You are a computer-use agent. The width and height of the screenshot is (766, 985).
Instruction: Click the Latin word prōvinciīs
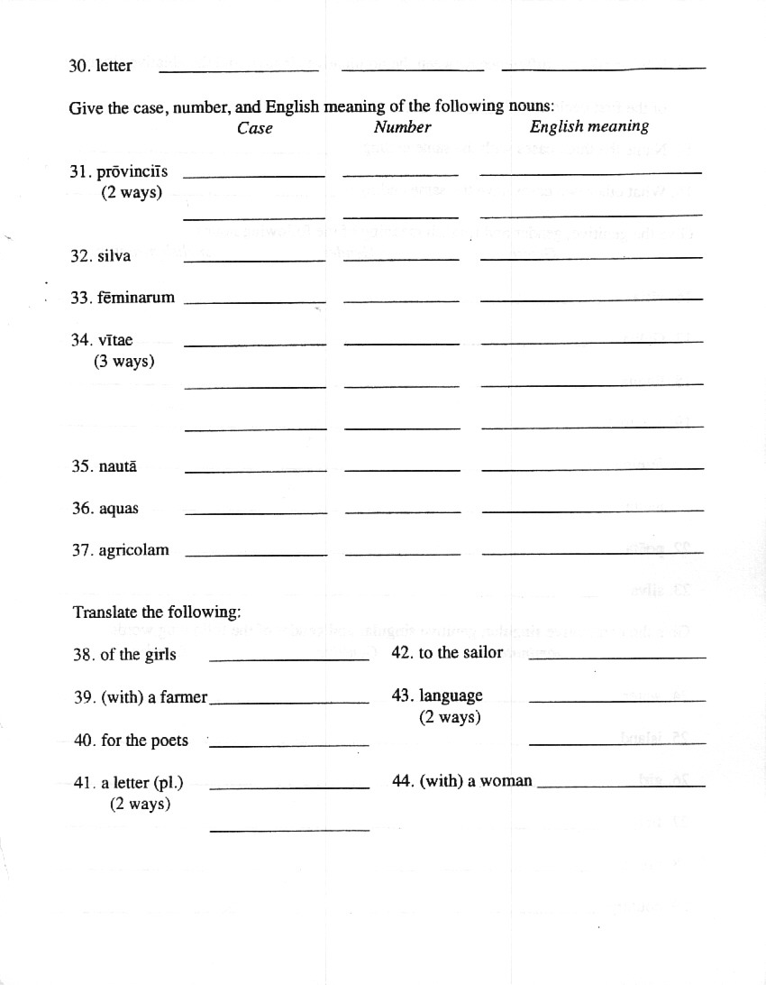(x=132, y=172)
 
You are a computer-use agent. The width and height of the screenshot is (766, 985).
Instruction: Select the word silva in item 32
(x=114, y=256)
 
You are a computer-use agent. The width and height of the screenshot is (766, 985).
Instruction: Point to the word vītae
(x=115, y=340)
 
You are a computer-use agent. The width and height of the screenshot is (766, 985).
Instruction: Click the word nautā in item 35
(x=118, y=466)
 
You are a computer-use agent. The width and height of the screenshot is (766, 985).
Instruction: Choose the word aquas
(x=119, y=509)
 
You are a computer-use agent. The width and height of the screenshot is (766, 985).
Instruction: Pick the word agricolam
(x=133, y=550)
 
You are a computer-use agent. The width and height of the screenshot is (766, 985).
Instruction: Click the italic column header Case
(x=255, y=128)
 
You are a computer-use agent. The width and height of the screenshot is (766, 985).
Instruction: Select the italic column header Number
(x=402, y=127)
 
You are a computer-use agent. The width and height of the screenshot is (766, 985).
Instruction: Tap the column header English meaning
(x=589, y=127)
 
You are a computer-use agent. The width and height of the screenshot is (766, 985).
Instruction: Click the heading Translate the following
(x=157, y=612)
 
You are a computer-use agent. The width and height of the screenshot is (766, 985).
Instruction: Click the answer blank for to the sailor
(x=616, y=657)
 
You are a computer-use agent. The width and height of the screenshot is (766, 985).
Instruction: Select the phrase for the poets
(x=144, y=741)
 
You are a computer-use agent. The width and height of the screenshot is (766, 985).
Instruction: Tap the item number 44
(x=403, y=781)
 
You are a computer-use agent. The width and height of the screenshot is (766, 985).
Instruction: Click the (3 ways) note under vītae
(x=123, y=362)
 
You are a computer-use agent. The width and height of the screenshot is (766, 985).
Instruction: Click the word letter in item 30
(x=114, y=66)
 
